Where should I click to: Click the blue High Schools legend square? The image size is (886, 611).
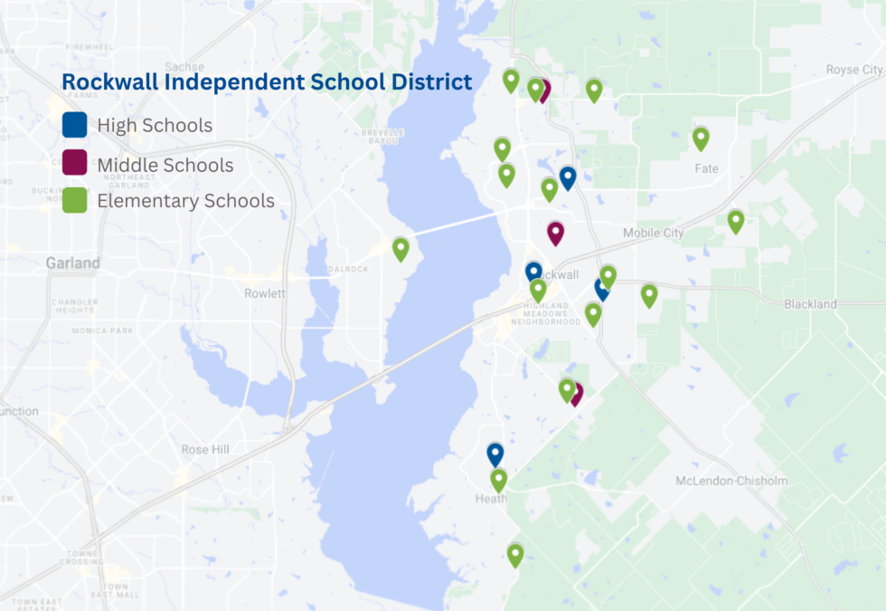pyautogui.click(x=74, y=125)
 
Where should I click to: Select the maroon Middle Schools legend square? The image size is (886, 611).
pyautogui.click(x=74, y=163)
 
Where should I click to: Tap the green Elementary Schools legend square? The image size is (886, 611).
pyautogui.click(x=74, y=200)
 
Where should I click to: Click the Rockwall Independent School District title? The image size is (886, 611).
pyautogui.click(x=267, y=81)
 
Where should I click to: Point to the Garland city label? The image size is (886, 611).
pyautogui.click(x=73, y=263)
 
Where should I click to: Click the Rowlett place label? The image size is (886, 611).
pyautogui.click(x=265, y=293)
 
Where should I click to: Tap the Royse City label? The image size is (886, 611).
pyautogui.click(x=854, y=70)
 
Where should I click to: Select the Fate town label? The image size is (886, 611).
pyautogui.click(x=706, y=168)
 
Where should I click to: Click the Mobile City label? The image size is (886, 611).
pyautogui.click(x=654, y=233)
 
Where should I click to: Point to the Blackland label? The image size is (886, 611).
pyautogui.click(x=810, y=304)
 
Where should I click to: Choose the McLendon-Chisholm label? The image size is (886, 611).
pyautogui.click(x=731, y=481)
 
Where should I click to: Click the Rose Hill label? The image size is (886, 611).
pyautogui.click(x=207, y=450)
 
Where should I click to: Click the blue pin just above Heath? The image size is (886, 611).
pyautogui.click(x=495, y=453)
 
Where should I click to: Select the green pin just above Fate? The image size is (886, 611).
pyautogui.click(x=701, y=138)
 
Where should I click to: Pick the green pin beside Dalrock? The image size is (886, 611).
pyautogui.click(x=401, y=248)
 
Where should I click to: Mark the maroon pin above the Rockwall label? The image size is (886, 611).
pyautogui.click(x=555, y=232)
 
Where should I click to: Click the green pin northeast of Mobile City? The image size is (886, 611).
pyautogui.click(x=736, y=220)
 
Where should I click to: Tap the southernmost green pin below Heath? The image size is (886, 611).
pyautogui.click(x=515, y=554)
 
